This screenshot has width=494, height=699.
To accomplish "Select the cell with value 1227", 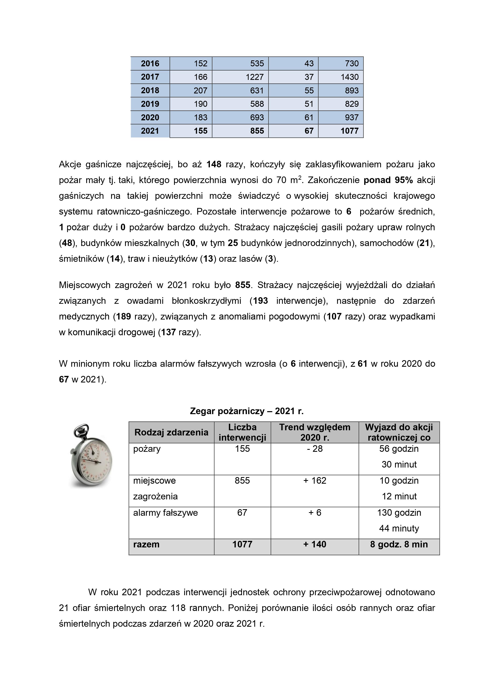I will (x=254, y=77).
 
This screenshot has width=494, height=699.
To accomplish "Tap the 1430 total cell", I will (x=349, y=77).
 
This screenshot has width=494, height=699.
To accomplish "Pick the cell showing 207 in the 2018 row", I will (x=200, y=90).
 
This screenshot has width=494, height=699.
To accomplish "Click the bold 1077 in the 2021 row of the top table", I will (x=349, y=131).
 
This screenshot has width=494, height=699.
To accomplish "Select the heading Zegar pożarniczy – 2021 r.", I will (x=247, y=411).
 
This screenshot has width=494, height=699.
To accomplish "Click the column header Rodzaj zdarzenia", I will (x=171, y=432).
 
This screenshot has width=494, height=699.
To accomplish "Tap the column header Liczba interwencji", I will (x=242, y=432).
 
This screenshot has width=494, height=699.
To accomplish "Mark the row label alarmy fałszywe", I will (x=165, y=513).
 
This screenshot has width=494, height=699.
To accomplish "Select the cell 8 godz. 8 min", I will (x=399, y=544).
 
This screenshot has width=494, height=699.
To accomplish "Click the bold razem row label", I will (x=146, y=544).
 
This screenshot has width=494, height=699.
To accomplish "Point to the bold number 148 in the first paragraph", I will (x=214, y=164).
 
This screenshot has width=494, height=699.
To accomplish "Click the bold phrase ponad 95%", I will (x=388, y=180).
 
